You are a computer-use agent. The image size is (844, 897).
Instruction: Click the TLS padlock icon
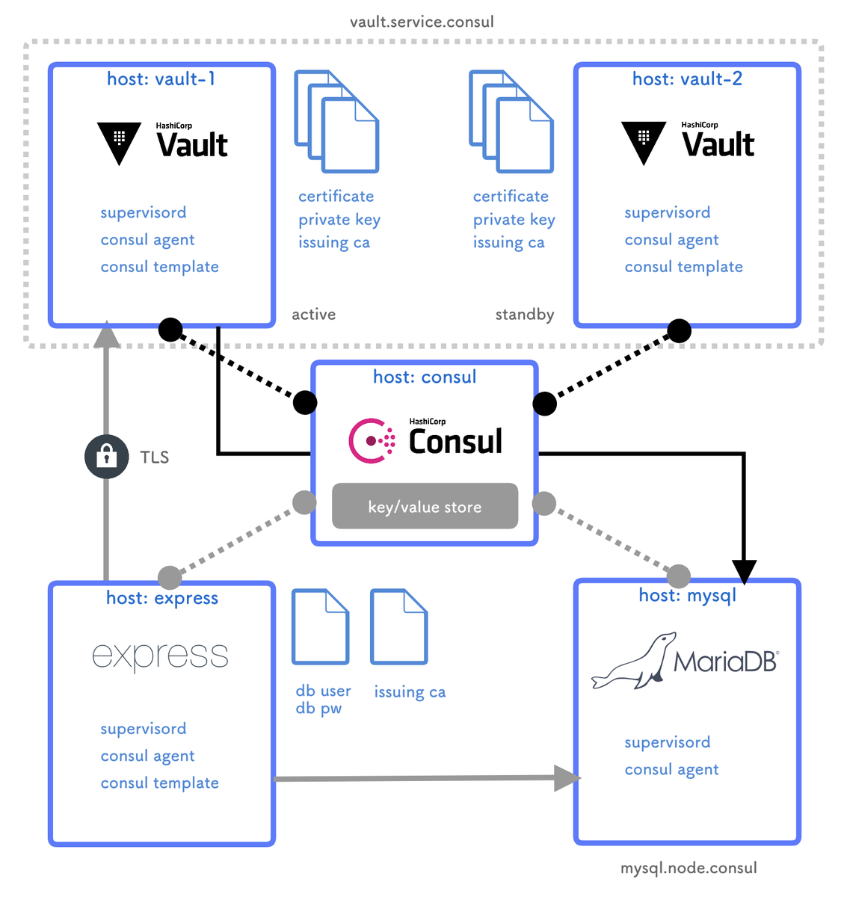click(x=106, y=456)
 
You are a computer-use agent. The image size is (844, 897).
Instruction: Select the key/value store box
click(x=425, y=506)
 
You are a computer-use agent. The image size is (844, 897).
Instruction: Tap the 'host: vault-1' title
click(x=161, y=79)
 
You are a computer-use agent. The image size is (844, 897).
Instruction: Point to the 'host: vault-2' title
click(x=687, y=79)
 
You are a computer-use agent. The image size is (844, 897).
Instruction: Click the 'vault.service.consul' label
click(x=422, y=22)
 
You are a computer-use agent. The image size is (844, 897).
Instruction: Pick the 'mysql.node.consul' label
click(x=689, y=868)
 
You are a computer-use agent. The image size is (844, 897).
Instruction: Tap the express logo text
click(x=160, y=656)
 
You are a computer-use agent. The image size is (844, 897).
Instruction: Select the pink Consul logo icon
click(x=372, y=441)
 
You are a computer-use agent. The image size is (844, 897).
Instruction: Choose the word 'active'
click(x=313, y=315)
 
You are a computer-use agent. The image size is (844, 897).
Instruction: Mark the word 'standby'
click(x=525, y=315)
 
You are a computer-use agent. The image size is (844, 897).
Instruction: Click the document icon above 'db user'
click(x=320, y=626)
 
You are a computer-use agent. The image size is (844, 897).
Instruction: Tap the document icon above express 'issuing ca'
click(x=399, y=626)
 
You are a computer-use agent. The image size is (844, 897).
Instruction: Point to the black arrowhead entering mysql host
click(x=745, y=572)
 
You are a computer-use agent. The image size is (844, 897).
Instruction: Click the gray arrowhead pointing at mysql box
click(x=567, y=778)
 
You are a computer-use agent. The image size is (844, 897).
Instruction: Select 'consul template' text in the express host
click(x=159, y=783)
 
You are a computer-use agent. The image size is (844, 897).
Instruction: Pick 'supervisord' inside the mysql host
click(x=668, y=742)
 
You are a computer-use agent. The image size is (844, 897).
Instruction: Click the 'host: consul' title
click(x=425, y=377)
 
